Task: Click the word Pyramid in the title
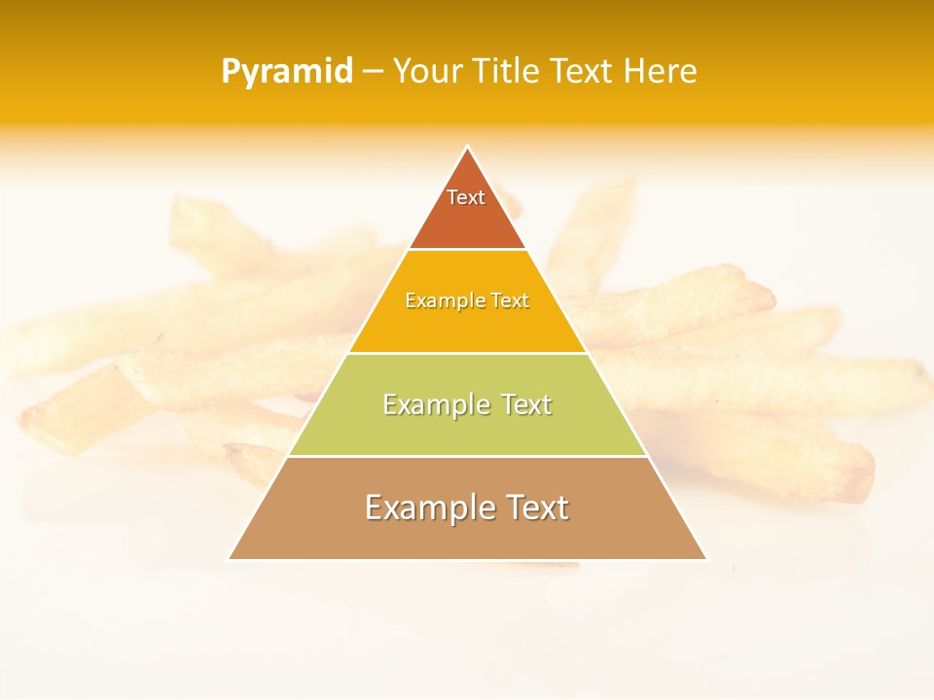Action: (x=287, y=72)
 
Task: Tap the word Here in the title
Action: (x=660, y=71)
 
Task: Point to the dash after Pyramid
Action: (x=373, y=72)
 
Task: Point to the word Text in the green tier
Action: (x=526, y=404)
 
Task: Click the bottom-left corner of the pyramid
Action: (x=231, y=558)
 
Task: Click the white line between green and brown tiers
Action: (x=467, y=456)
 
